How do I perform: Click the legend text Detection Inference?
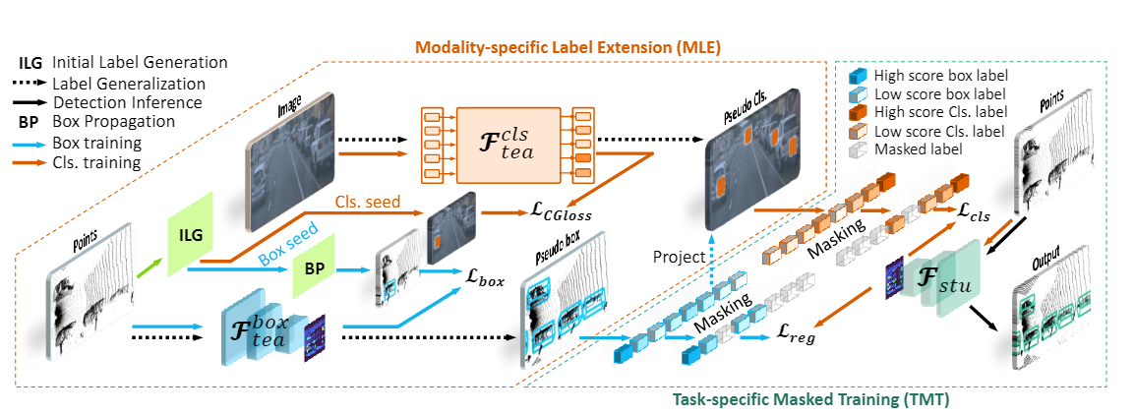(x=128, y=102)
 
